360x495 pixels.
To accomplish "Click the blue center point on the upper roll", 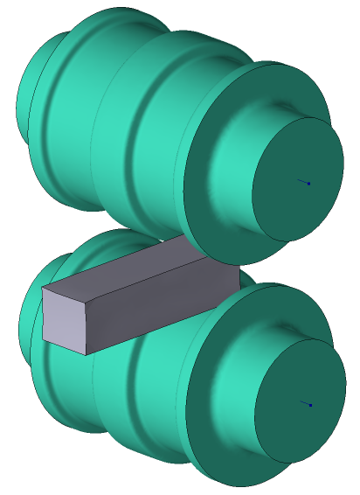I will (x=308, y=184).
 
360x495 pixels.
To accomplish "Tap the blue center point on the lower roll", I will (x=310, y=405).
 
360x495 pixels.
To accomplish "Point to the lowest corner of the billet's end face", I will (x=86, y=355).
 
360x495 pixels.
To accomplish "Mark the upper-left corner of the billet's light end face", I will (x=43, y=288).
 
